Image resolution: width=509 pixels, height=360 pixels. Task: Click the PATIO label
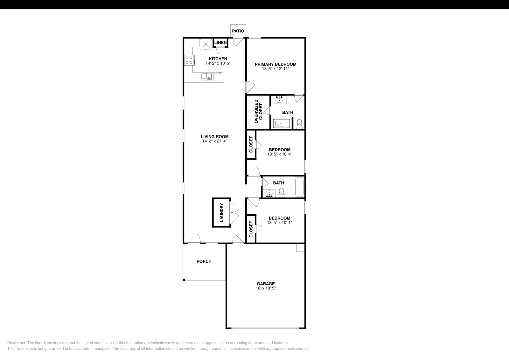point(238,31)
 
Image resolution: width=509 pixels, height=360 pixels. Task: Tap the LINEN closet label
point(220,43)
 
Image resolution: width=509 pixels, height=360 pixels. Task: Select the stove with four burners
point(189,60)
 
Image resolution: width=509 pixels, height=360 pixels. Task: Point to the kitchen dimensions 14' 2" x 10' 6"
point(218,63)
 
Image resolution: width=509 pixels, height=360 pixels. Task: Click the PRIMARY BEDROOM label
point(275,64)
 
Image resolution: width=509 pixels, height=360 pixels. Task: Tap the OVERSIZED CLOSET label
point(258,112)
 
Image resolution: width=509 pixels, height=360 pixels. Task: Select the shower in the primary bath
point(281,123)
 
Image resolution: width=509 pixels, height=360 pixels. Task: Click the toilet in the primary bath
point(299,124)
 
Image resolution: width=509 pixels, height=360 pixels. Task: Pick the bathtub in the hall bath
point(299,187)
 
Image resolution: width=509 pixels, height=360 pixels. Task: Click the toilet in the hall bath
point(282,192)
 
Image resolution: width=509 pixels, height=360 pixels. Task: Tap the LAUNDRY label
point(221,213)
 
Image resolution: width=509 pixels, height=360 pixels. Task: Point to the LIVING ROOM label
point(215,137)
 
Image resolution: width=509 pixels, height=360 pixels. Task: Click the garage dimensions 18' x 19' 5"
point(266,288)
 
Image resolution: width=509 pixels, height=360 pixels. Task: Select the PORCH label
point(204,261)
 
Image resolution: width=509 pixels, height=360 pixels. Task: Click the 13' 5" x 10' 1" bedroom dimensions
point(279,223)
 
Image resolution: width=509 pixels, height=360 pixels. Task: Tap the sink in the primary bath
point(279,100)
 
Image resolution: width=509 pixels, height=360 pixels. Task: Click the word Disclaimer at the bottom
point(16,343)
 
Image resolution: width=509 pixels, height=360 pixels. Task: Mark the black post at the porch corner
point(184,280)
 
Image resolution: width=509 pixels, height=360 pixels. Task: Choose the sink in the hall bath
point(270,193)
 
